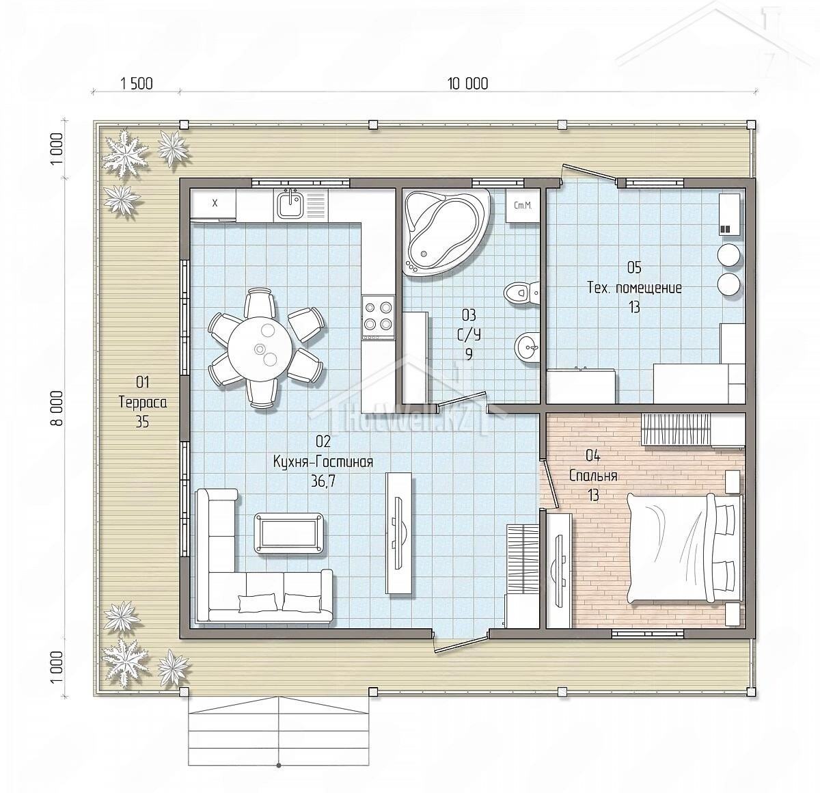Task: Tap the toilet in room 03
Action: pos(521,291)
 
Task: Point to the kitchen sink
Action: pos(290,204)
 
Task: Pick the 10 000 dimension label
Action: pos(467,83)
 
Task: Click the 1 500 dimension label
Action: pos(137,83)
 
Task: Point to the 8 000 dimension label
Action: pos(57,408)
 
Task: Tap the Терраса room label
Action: pos(143,402)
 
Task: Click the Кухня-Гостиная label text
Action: pos(323,461)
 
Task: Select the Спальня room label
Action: pos(593,476)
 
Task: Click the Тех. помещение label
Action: pos(635,288)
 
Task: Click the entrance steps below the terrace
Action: pos(278,732)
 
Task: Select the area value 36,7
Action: pos(323,481)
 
